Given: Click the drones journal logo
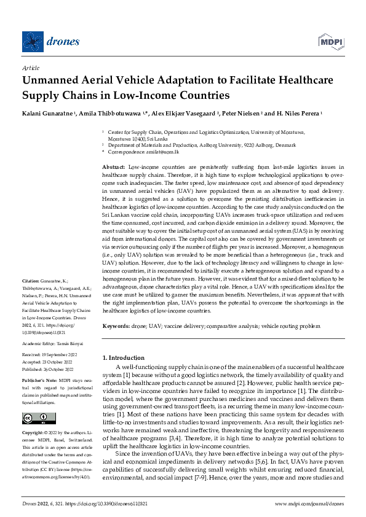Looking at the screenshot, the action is (x=51, y=42).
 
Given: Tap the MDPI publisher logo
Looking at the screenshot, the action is (x=330, y=42).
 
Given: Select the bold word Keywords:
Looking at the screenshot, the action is (x=116, y=326).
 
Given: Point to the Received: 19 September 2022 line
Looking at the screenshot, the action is (x=51, y=355).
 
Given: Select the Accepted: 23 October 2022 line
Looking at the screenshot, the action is (x=50, y=362).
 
